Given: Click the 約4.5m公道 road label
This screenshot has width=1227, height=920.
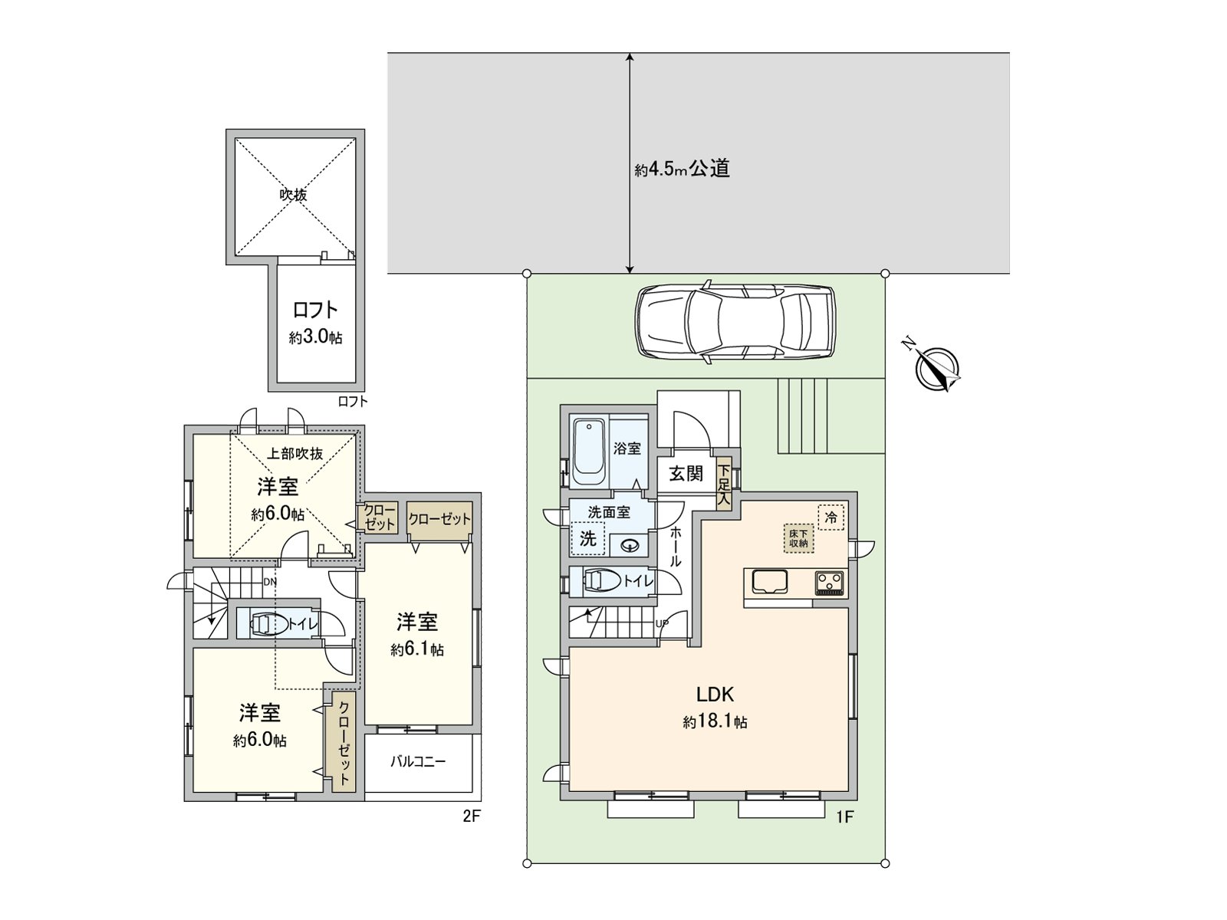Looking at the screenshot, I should (682, 169).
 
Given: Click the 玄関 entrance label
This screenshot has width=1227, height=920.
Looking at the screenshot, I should (686, 473).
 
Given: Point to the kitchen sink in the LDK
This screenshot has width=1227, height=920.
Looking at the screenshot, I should (768, 583).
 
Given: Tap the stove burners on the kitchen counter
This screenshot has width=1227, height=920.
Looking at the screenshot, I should (828, 583).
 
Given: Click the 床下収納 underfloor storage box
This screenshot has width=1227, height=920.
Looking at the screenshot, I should (798, 537).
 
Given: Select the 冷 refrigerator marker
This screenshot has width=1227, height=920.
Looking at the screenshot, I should (830, 517).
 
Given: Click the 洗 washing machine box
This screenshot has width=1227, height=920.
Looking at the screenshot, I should (587, 538).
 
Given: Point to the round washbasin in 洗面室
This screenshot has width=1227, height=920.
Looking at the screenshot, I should (630, 545).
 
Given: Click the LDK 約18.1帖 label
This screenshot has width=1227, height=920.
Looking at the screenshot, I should (715, 708).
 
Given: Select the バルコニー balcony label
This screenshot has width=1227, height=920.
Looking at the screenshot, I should (418, 762).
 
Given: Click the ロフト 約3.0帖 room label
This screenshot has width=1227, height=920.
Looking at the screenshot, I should (316, 322).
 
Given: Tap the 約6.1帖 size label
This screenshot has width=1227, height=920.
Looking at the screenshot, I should (416, 650).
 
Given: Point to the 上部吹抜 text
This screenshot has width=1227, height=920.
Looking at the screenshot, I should (295, 453).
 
